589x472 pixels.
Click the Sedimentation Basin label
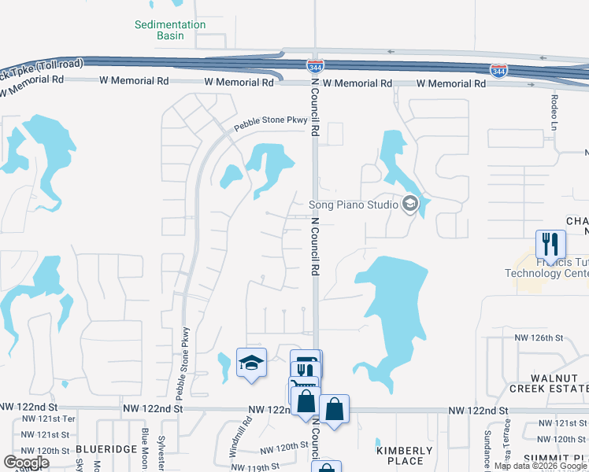click(170, 30)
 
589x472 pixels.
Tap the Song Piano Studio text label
click(353, 205)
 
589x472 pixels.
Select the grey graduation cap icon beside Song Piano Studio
click(409, 205)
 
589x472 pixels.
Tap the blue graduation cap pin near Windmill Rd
click(251, 363)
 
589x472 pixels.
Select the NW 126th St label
click(539, 337)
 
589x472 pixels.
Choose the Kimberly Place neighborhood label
click(405, 455)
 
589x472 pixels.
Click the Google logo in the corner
click(27, 463)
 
